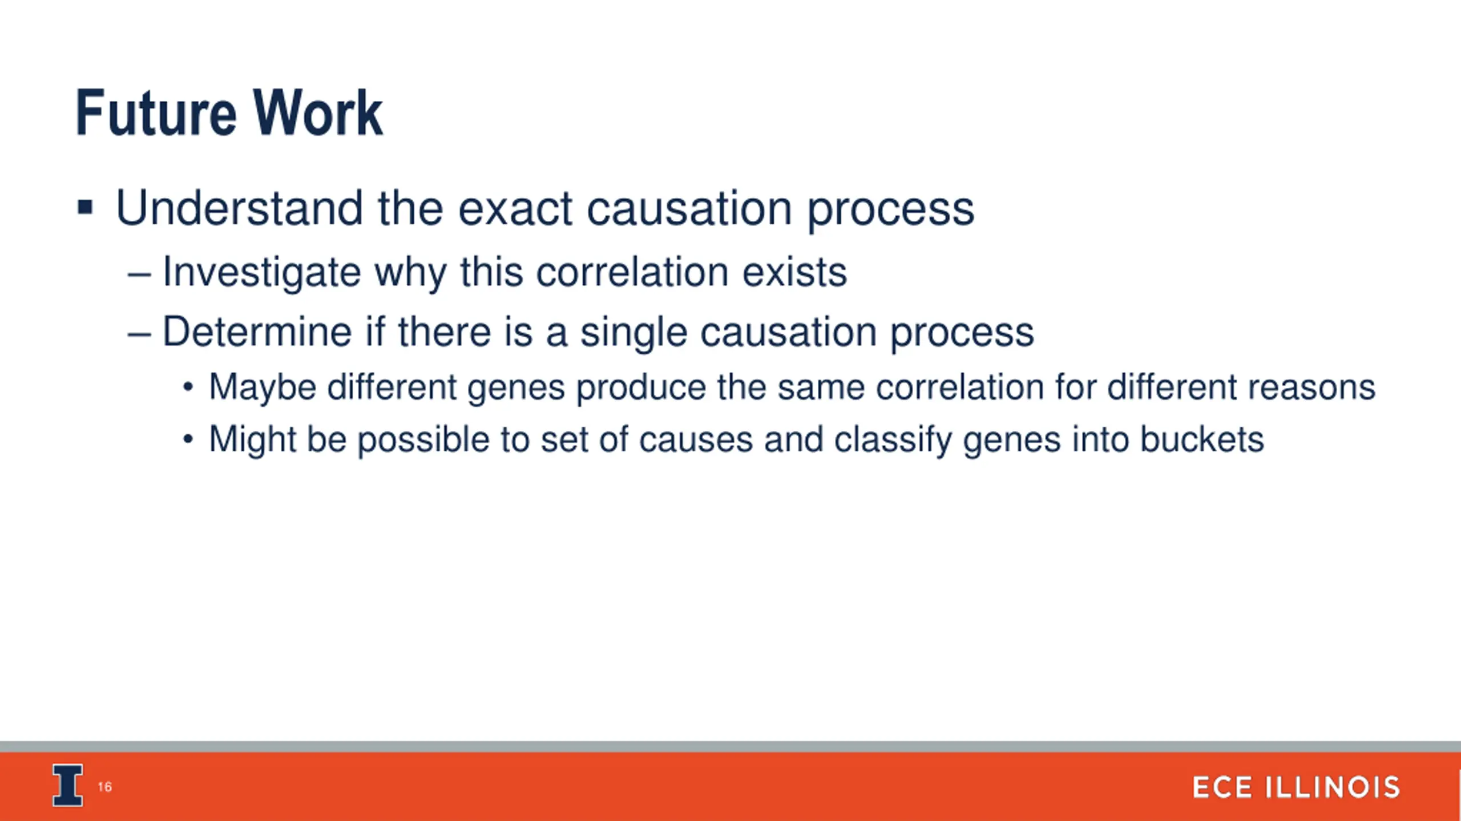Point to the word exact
(515, 209)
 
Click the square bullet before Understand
(85, 207)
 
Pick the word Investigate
(262, 273)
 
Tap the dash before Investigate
(139, 276)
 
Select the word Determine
(257, 331)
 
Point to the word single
(633, 333)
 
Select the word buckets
(1202, 440)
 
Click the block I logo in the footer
(68, 785)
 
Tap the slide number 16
(105, 787)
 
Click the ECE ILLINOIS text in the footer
(1296, 787)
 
